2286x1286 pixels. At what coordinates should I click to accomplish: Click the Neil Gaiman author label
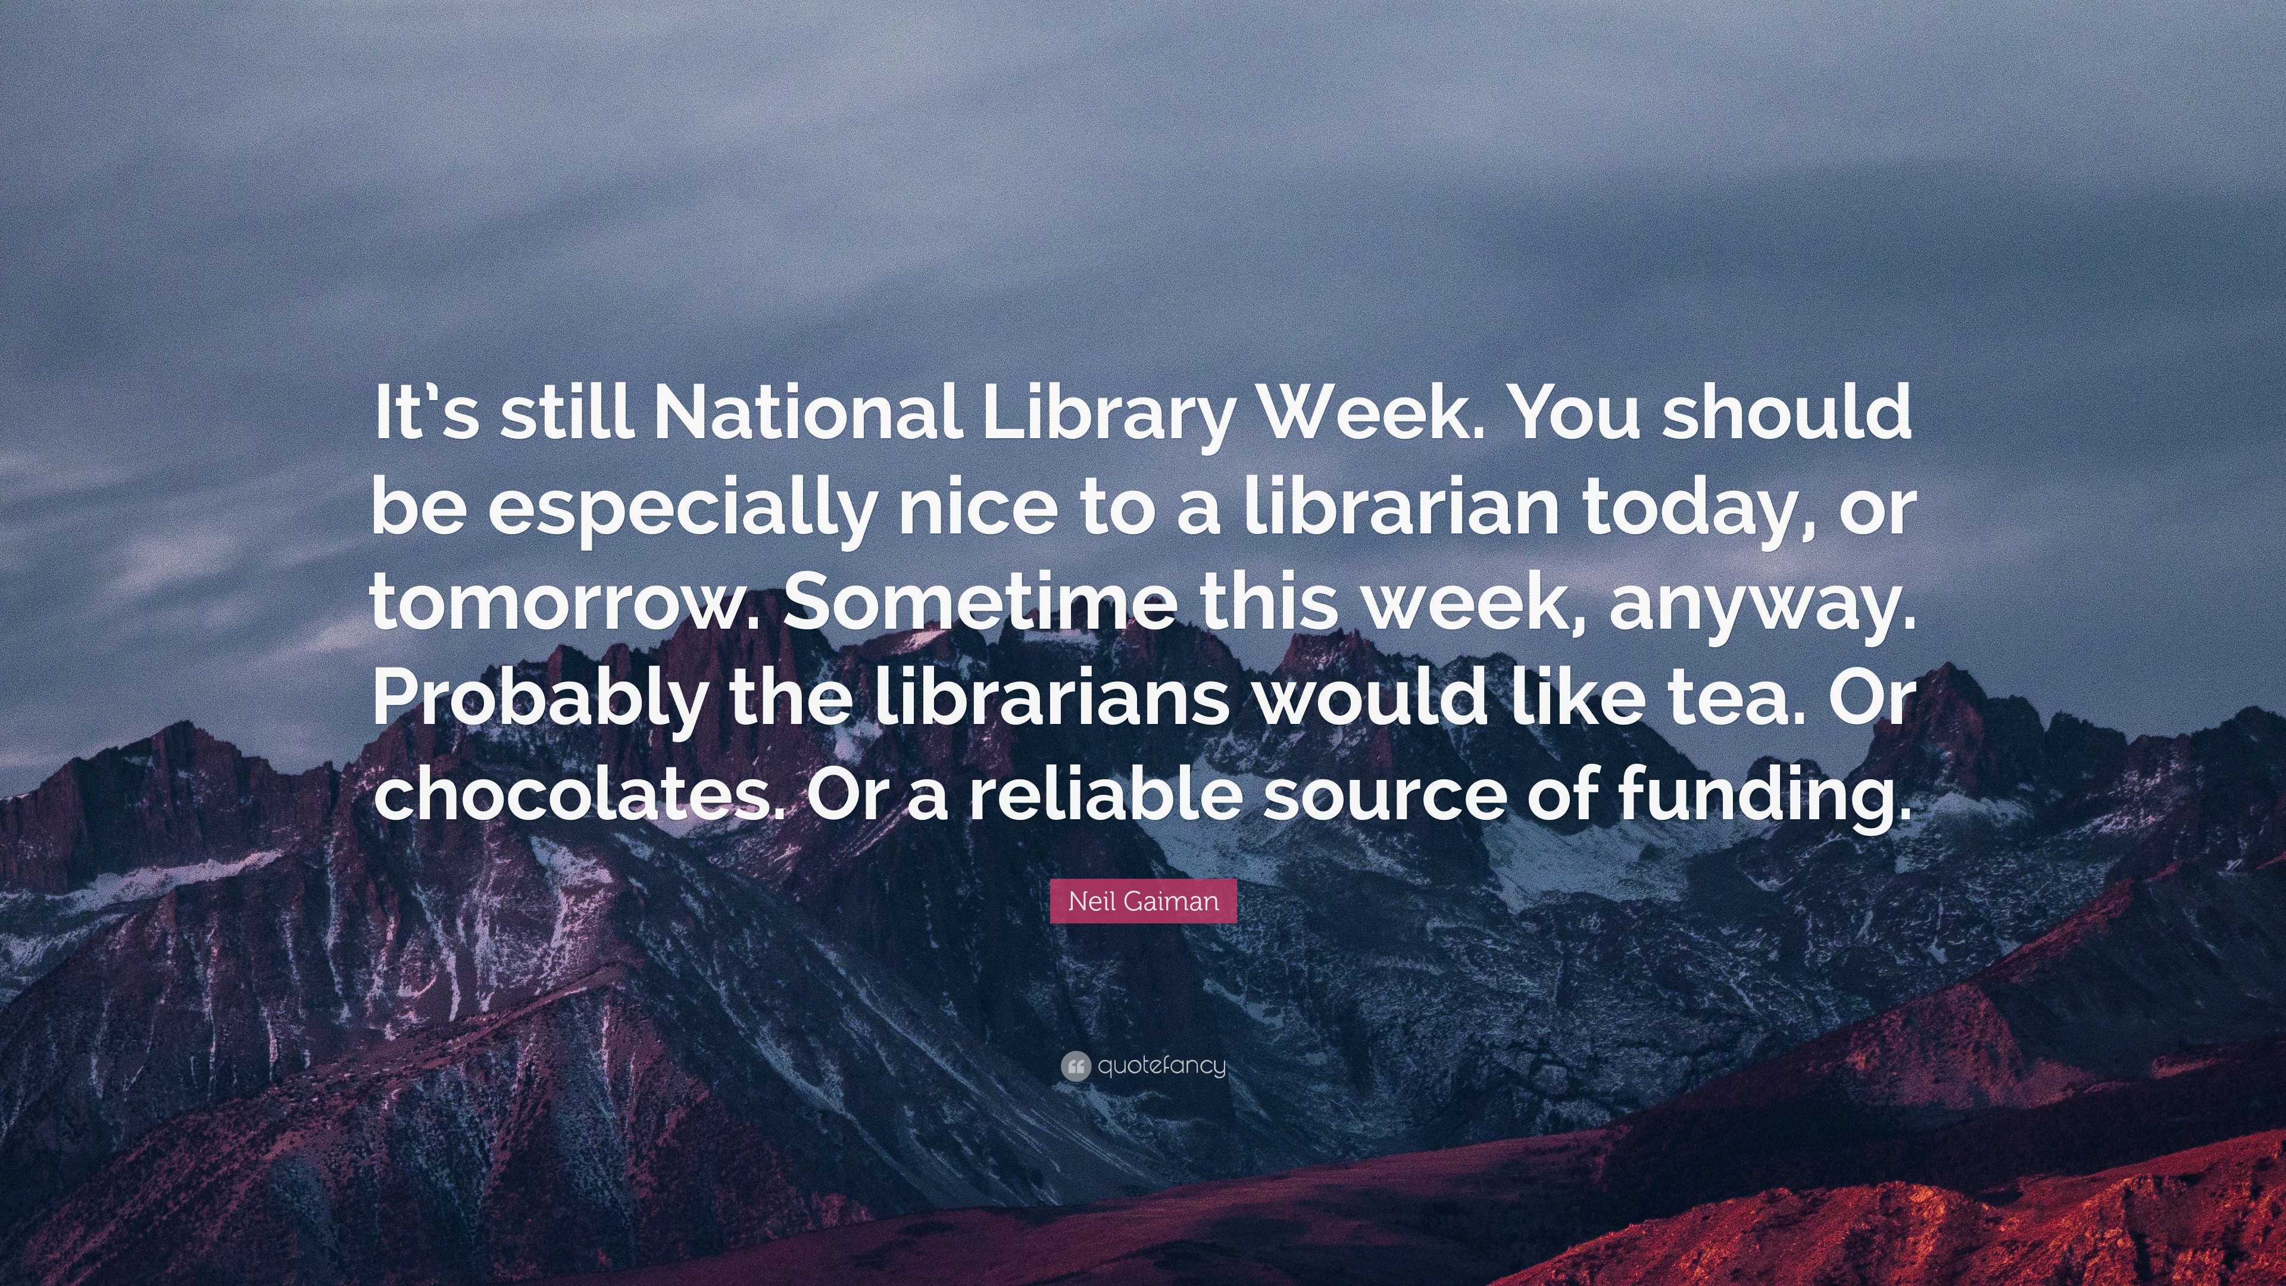[x=1143, y=902]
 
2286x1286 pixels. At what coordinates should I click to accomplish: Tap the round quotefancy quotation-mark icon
[x=1075, y=1066]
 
